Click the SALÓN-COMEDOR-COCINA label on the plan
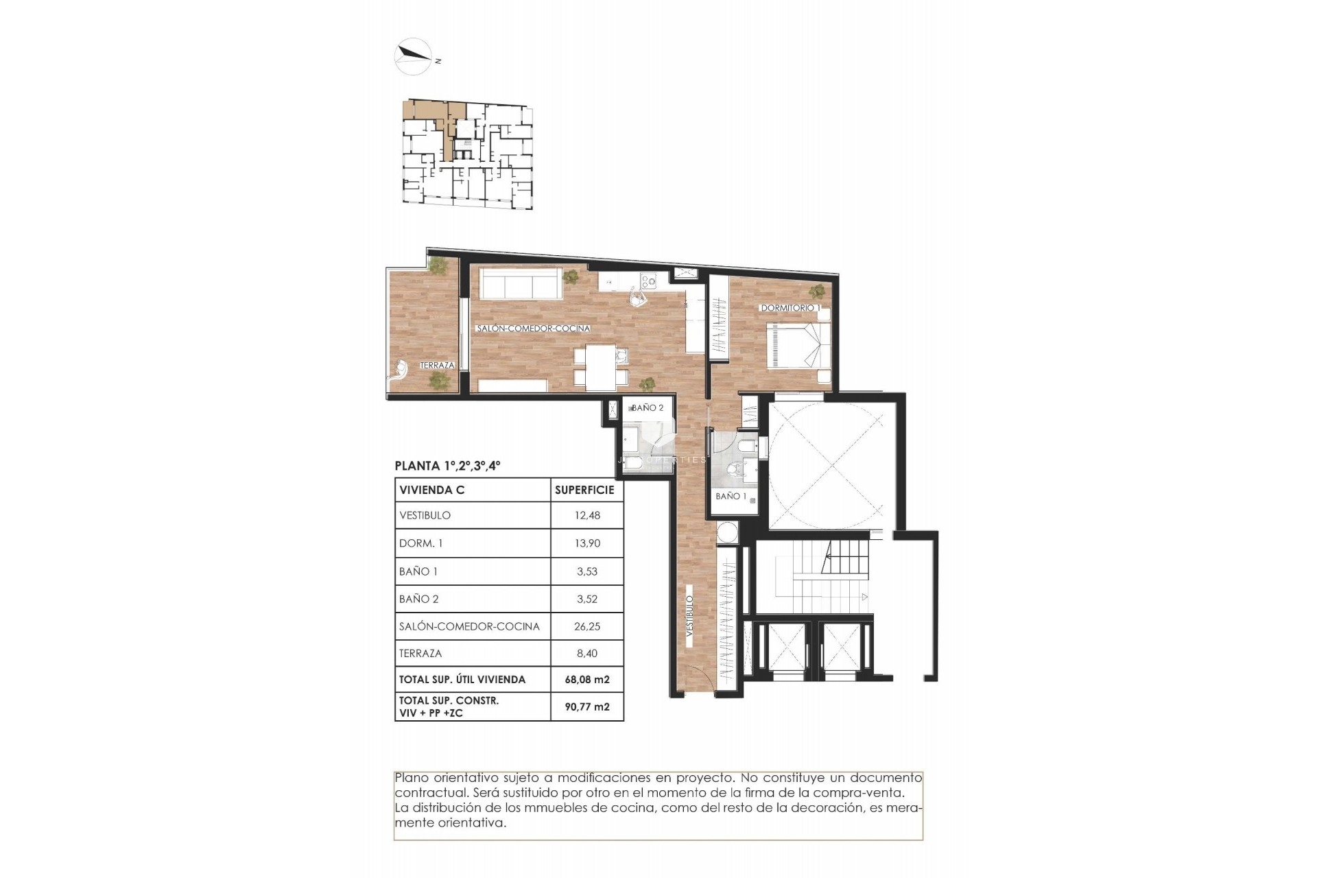coord(533,329)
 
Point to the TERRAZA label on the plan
coord(437,366)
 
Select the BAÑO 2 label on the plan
coord(647,407)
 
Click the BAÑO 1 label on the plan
coord(731,496)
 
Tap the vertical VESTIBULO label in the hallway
coord(689,614)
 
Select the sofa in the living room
coord(520,283)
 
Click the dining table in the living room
coord(600,366)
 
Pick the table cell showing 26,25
coord(587,626)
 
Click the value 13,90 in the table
coord(587,543)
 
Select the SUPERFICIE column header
coord(584,490)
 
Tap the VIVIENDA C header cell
coord(432,490)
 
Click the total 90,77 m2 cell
coord(587,707)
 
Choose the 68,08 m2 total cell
coord(587,680)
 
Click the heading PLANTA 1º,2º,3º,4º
coord(447,466)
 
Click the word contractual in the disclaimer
coord(426,793)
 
